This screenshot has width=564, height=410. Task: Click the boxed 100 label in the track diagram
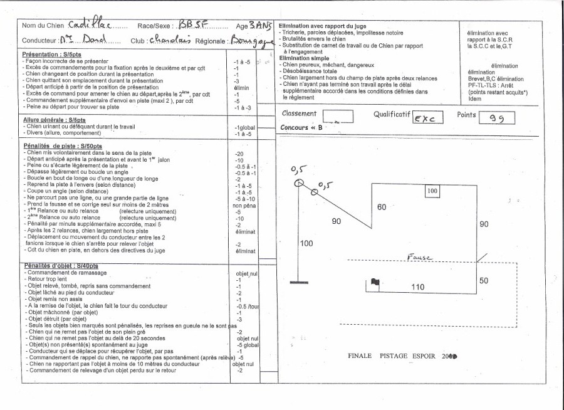pyautogui.click(x=432, y=191)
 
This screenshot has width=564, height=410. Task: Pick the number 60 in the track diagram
pyautogui.click(x=382, y=207)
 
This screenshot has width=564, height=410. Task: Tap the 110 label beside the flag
pyautogui.click(x=417, y=286)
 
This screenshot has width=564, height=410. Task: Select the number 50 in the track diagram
pyautogui.click(x=484, y=281)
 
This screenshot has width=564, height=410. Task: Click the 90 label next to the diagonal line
pyautogui.click(x=337, y=221)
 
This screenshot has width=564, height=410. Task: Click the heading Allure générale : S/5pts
pyautogui.click(x=54, y=120)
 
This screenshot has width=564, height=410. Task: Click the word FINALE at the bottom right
pyautogui.click(x=362, y=355)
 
